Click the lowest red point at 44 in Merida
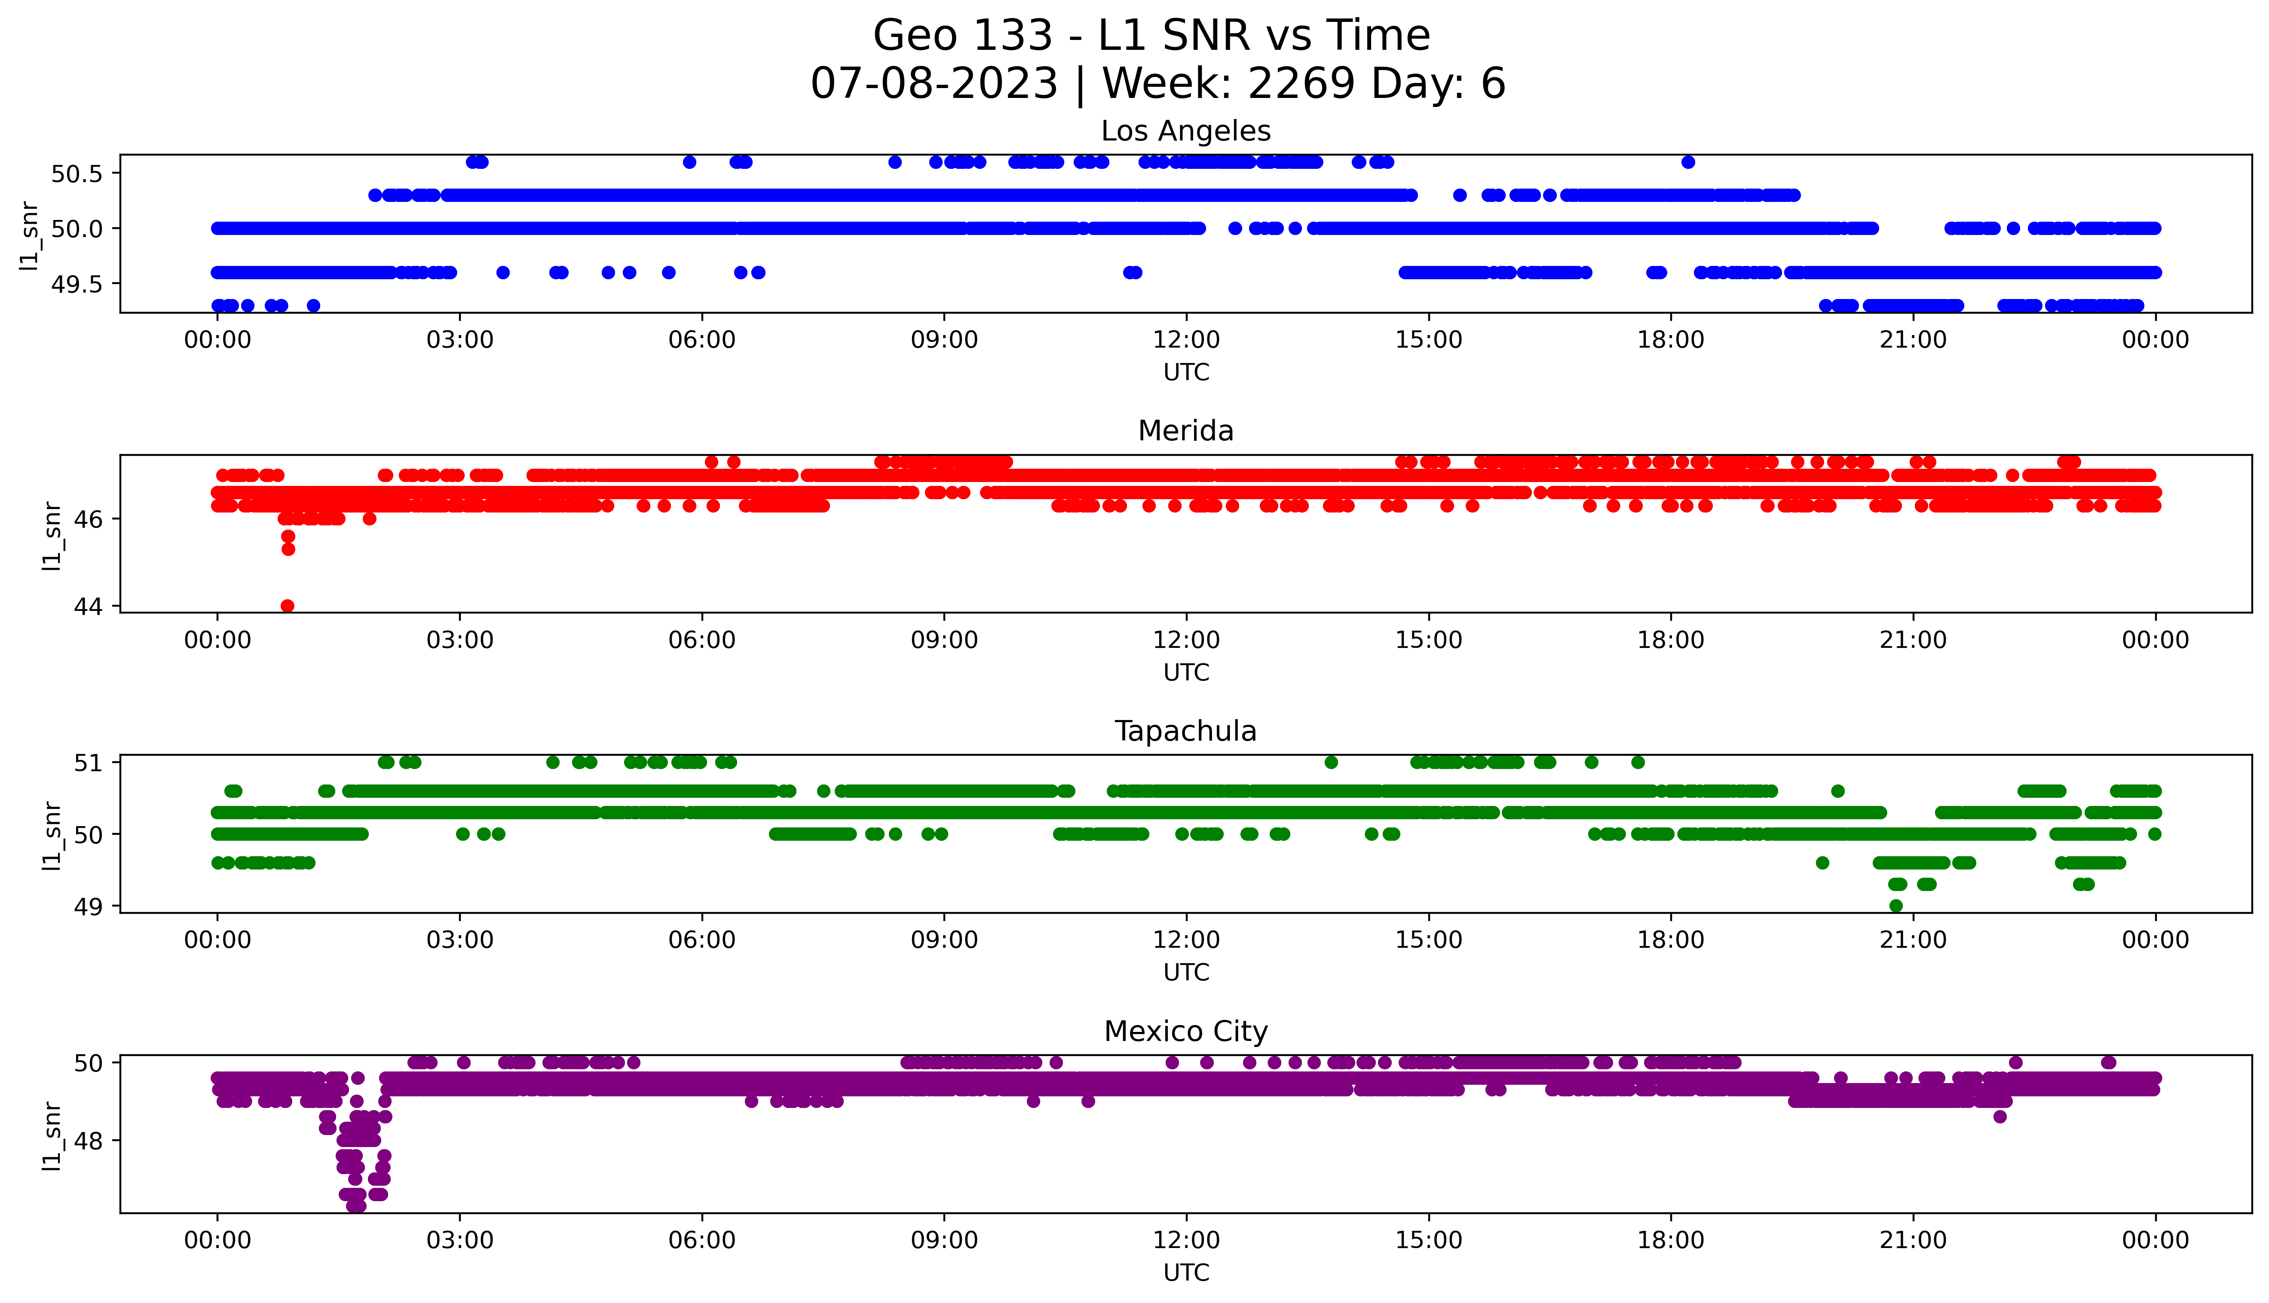(x=287, y=606)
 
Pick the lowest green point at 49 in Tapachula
(x=1896, y=906)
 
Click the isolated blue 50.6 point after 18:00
(x=1688, y=162)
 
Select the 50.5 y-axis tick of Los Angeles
(x=77, y=174)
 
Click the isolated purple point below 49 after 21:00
(x=2000, y=1117)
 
